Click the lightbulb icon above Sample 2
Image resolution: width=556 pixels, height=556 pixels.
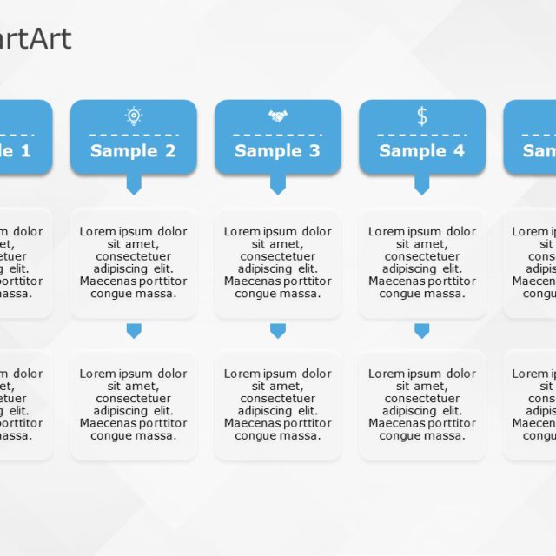click(x=133, y=116)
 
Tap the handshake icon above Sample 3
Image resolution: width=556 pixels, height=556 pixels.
click(x=278, y=116)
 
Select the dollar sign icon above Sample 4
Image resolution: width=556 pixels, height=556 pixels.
click(x=422, y=116)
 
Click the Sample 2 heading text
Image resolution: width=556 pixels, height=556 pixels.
click(x=133, y=151)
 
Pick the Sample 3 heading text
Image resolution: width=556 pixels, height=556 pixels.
click(x=277, y=151)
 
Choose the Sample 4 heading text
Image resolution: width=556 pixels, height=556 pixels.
click(x=422, y=151)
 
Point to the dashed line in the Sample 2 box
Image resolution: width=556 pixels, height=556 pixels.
click(x=133, y=135)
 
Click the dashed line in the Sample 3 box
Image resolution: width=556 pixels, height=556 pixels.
click(x=278, y=135)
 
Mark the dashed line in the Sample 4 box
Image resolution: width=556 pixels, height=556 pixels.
click(x=422, y=135)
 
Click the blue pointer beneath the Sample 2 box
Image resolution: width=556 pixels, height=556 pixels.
click(x=134, y=184)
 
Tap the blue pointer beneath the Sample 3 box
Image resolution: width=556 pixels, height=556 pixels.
click(x=278, y=184)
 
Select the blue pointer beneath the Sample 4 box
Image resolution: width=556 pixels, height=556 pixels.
click(x=422, y=184)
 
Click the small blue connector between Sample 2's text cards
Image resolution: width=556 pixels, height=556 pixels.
click(x=134, y=330)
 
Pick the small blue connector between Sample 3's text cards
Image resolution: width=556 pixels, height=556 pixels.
click(x=278, y=330)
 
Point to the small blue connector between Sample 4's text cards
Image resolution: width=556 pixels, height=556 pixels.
click(x=422, y=330)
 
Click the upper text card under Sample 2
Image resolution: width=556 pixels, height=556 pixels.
click(x=133, y=262)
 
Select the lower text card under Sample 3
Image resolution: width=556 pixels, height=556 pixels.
click(x=278, y=405)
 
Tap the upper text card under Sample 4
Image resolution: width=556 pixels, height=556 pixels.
click(x=422, y=262)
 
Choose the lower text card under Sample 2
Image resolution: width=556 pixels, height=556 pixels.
click(x=133, y=405)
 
